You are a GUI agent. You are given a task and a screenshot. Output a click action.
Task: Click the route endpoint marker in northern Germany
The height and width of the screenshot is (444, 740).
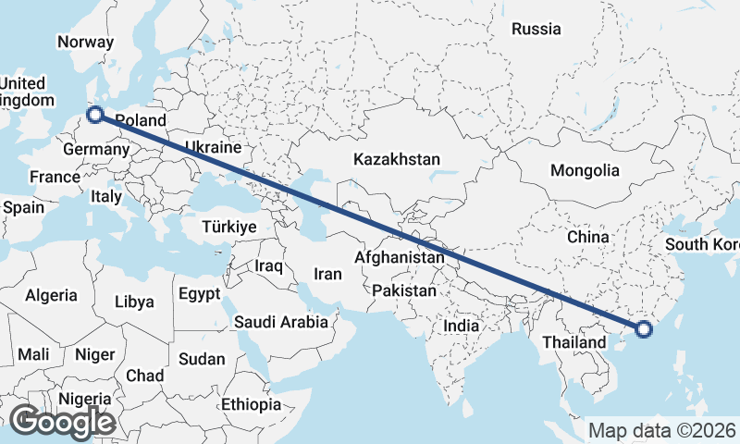coord(94,116)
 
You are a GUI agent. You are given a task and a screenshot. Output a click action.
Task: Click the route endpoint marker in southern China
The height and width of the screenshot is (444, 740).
coord(645,328)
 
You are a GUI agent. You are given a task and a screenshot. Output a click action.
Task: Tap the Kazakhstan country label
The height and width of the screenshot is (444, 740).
coord(396,159)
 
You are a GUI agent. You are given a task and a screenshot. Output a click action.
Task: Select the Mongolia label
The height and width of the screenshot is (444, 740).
coord(585,170)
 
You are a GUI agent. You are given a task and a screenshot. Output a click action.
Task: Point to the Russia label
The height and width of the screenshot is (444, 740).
coord(536,29)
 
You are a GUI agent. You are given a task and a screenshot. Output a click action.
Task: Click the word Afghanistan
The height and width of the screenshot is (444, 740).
coord(400,257)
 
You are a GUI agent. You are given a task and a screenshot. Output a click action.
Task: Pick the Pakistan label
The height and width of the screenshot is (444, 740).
coord(404,290)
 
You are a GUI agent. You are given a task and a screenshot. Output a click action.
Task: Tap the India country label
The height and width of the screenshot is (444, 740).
coord(461,326)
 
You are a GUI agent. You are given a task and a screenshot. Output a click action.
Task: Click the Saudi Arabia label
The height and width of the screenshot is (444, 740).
coord(281,322)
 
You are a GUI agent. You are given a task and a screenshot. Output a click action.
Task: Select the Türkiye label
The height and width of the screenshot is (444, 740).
coord(229,227)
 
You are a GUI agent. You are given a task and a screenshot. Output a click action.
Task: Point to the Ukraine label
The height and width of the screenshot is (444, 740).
coord(213,147)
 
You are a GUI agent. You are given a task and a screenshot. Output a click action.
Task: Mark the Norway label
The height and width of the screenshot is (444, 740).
coord(85,42)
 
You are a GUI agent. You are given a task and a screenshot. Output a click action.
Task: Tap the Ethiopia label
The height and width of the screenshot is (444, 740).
coord(251,404)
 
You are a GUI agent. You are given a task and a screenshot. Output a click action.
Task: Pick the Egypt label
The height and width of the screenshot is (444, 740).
coord(199,294)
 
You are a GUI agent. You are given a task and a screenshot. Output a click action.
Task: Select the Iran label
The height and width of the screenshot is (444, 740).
coord(328,274)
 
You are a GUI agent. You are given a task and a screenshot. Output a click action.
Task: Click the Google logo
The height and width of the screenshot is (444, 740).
coord(63,421)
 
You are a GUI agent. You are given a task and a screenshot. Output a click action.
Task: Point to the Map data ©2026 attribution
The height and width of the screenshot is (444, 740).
coord(662,430)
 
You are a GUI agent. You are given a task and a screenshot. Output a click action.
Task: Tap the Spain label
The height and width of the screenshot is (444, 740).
coord(23,207)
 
